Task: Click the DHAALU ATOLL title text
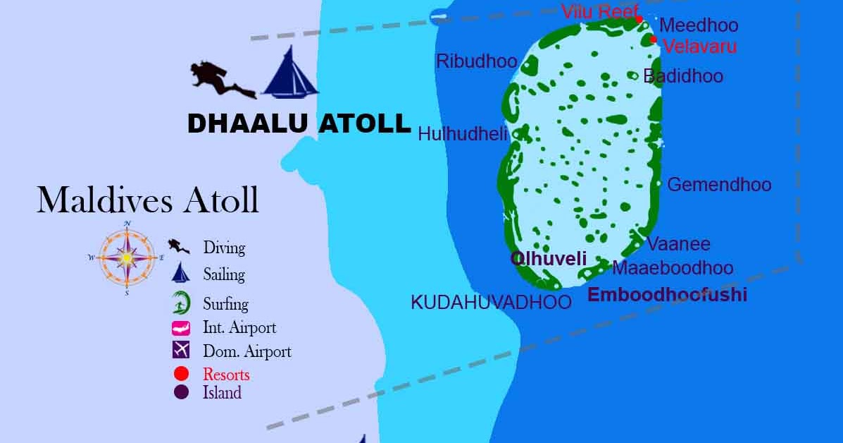[299, 124]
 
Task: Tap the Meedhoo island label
[698, 26]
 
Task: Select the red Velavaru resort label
[699, 47]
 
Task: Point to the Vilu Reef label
[599, 12]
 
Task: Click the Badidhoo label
[683, 76]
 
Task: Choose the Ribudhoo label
[477, 61]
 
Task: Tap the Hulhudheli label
[463, 134]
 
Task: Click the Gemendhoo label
[719, 185]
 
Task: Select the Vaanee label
[679, 245]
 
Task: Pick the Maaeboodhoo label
[673, 268]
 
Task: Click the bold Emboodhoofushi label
[667, 295]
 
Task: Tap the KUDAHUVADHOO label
[491, 303]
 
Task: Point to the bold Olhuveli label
[549, 259]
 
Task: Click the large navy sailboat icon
[289, 73]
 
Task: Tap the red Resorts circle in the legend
[181, 374]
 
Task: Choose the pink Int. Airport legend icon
[181, 328]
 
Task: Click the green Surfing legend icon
[180, 303]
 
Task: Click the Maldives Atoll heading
[148, 200]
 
